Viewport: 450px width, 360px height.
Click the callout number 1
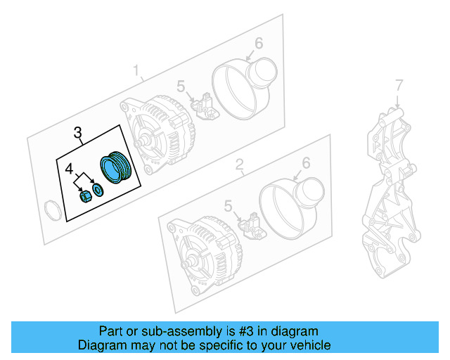(138, 70)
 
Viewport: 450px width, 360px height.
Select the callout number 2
(239, 165)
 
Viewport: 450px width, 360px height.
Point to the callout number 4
(69, 169)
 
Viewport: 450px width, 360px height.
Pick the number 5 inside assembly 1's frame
(181, 86)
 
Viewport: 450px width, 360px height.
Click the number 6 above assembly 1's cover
(258, 44)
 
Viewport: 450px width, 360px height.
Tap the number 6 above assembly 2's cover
(305, 163)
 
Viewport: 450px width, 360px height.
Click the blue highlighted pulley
(114, 169)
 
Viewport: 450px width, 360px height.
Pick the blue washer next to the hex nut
(98, 189)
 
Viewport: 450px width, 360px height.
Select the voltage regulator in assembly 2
(251, 225)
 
